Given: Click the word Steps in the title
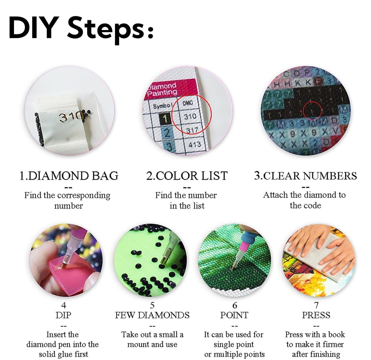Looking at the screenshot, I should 104,28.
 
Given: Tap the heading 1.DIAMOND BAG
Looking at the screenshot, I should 69,176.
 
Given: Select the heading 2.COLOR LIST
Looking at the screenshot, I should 187,176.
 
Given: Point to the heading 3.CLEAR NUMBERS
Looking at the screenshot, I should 305,176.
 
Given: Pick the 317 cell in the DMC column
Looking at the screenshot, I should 192,130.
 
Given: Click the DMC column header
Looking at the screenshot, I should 187,104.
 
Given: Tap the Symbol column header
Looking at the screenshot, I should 163,106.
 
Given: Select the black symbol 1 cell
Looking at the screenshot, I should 165,118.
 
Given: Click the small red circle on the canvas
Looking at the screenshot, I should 312,110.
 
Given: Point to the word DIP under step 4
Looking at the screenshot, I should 64,315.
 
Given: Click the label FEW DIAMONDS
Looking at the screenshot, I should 152,315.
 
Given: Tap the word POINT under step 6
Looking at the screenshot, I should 234,315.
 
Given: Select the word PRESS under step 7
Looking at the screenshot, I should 316,315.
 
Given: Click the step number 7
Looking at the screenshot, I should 316,305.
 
